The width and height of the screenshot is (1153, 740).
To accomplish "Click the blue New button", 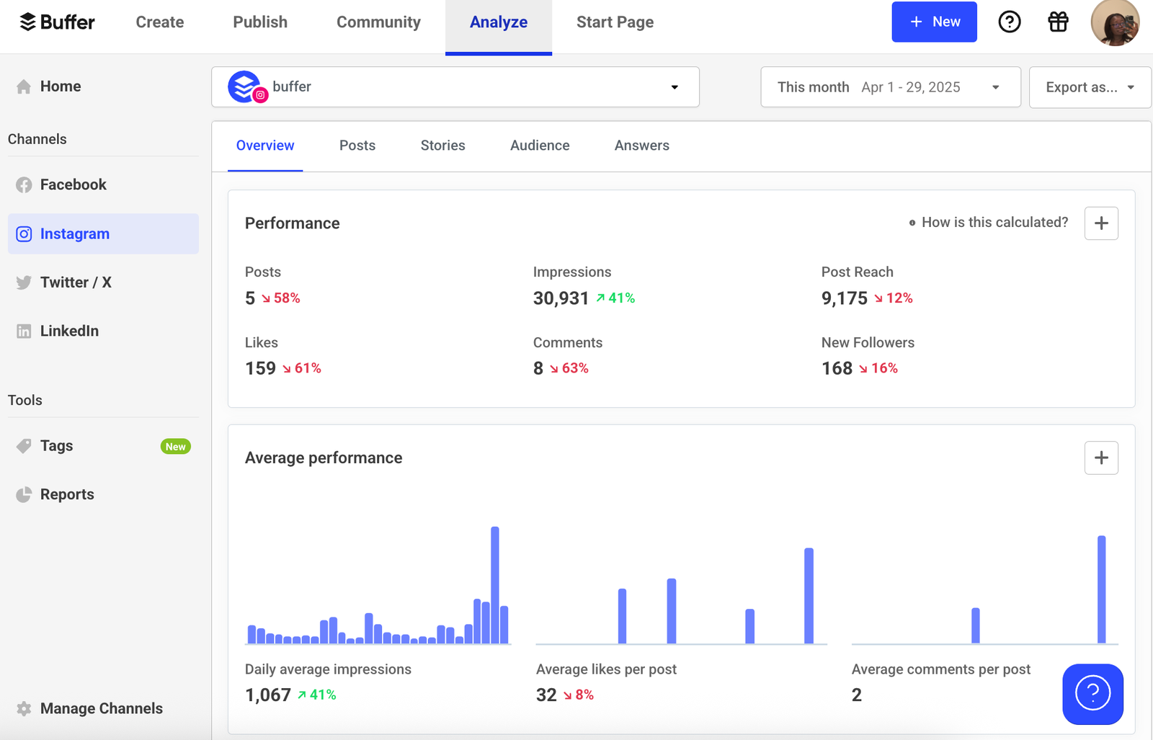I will click(x=934, y=22).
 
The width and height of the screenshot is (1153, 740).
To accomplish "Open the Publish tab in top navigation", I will click(x=260, y=22).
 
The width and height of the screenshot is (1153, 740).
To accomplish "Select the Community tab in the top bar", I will click(x=378, y=22).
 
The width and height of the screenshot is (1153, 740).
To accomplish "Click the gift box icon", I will click(x=1058, y=22).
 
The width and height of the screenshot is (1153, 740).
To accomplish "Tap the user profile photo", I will click(x=1115, y=23).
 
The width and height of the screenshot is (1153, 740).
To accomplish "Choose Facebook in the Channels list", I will click(x=73, y=184).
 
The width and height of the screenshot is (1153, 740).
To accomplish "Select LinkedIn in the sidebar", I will click(x=69, y=331).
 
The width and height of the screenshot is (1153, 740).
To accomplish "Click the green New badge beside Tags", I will click(x=175, y=447).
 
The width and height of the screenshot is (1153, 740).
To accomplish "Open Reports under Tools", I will click(x=67, y=494).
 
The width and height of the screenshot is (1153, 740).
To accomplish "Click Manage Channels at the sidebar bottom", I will click(x=101, y=708).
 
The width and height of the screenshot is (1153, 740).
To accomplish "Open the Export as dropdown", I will click(x=1090, y=87).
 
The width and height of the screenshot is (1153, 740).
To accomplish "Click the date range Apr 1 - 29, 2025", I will click(x=911, y=87).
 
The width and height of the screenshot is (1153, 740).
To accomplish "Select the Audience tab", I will click(x=540, y=146).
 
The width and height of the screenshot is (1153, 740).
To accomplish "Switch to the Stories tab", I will click(x=442, y=146).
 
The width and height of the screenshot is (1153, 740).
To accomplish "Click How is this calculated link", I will click(x=994, y=223).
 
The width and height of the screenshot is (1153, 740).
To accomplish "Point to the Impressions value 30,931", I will click(x=561, y=298).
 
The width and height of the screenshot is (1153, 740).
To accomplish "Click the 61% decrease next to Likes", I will click(x=302, y=368).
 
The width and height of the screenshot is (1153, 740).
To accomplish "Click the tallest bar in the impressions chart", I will click(x=495, y=584).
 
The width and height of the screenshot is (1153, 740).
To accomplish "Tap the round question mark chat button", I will click(x=1092, y=694).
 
